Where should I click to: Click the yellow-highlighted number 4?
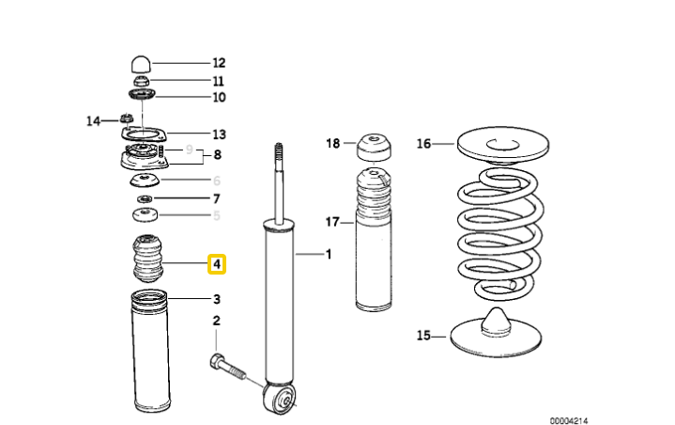click(217, 264)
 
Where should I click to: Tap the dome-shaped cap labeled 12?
click(141, 64)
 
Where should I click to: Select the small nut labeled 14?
click(126, 118)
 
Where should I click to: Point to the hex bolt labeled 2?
click(228, 367)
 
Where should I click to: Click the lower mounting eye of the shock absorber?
click(280, 397)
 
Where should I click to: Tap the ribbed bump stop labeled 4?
click(147, 258)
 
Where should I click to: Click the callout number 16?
click(423, 143)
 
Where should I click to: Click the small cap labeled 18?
click(374, 148)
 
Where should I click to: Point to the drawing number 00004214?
click(568, 420)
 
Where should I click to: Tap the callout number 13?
click(219, 134)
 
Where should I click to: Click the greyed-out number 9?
click(189, 150)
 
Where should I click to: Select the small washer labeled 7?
click(145, 199)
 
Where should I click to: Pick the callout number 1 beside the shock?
click(329, 254)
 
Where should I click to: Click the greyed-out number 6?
click(217, 181)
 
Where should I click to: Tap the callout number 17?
click(332, 222)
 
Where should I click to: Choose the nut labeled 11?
click(141, 81)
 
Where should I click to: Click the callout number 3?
click(217, 299)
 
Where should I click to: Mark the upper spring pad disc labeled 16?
click(503, 146)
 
